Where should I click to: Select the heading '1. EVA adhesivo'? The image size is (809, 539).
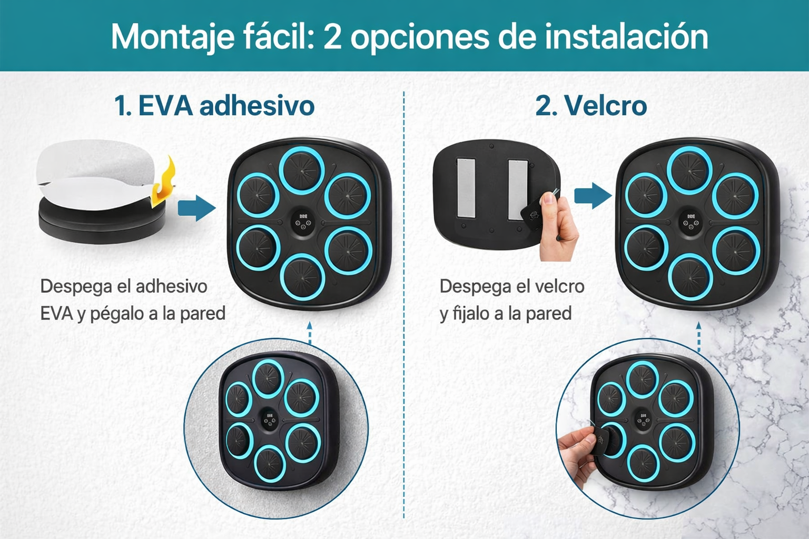pos(214,105)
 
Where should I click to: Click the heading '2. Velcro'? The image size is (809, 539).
pos(591,105)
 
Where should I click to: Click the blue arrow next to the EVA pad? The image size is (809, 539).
pos(197,208)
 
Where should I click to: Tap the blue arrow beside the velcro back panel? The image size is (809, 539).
pos(593,196)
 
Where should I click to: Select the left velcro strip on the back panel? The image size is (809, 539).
pos(466,187)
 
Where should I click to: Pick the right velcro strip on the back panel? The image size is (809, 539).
pos(518,190)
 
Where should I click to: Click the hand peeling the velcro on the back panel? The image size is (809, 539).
pos(558,227)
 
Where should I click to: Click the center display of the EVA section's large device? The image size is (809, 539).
pos(303,222)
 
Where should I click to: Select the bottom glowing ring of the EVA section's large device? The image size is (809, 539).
pos(302,277)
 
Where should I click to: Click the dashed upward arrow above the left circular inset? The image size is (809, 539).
pos(309,333)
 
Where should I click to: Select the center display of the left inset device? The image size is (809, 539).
pos(270,419)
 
